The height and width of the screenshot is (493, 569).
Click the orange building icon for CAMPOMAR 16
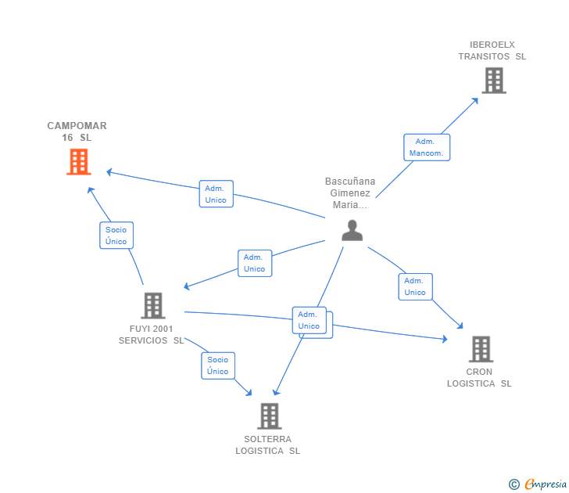78,162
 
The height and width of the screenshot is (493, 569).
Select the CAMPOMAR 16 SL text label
77,131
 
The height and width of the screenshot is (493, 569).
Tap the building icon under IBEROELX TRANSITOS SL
493,81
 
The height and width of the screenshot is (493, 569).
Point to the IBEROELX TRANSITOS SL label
492,51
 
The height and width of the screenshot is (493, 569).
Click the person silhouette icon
352,230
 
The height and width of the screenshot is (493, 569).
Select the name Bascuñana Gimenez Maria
350,193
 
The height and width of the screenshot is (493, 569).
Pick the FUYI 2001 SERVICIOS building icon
152,305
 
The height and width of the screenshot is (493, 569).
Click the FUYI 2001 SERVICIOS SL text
152,335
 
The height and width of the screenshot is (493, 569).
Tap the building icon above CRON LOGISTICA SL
481,349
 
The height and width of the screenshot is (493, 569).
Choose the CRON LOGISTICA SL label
479,378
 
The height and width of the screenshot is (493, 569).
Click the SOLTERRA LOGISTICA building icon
269,416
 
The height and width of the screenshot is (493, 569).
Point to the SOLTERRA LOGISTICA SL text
268,445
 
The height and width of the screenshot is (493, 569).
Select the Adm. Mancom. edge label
426,147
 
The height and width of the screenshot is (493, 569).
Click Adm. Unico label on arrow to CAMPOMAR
216,194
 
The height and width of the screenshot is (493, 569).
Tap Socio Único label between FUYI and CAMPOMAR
116,236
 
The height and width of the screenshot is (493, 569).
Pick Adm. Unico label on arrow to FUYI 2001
254,263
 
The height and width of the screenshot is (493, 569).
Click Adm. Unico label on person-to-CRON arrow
415,286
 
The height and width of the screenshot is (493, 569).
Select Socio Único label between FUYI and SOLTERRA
218,365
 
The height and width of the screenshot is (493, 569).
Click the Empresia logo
546,484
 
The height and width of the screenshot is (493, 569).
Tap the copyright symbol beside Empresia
514,484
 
